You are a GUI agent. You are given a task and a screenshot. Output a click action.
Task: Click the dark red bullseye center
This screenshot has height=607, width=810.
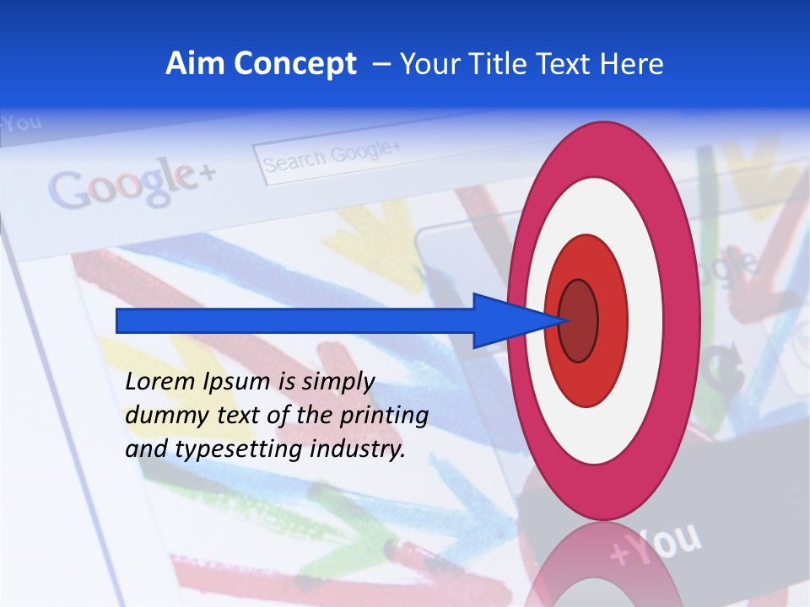click(x=578, y=320)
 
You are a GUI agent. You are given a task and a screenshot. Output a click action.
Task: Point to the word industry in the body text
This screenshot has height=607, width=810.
click(x=358, y=449)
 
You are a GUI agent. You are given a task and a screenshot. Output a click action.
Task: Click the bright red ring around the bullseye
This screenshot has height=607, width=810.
click(x=612, y=320)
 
